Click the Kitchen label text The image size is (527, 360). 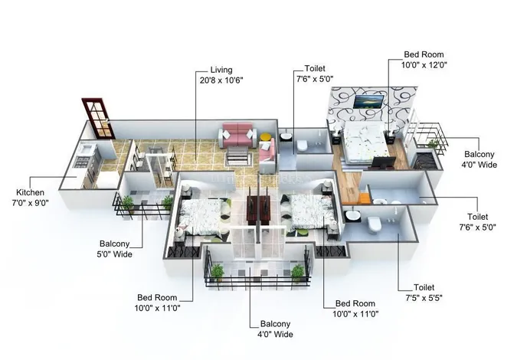[x=30, y=192]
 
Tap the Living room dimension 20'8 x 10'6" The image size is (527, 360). [x=221, y=80]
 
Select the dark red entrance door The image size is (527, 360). [x=98, y=118]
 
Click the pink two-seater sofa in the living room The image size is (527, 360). [x=237, y=135]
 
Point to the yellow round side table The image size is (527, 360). [x=266, y=137]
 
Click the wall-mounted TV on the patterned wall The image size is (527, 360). [x=368, y=102]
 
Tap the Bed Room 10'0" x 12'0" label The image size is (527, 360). [x=424, y=60]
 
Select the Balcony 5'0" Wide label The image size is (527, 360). [x=115, y=249]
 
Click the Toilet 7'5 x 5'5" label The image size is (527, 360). [x=424, y=293]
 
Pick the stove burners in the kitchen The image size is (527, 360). [x=82, y=161]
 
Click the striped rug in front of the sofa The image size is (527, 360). [x=239, y=157]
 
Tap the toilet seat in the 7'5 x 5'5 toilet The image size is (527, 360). [x=374, y=224]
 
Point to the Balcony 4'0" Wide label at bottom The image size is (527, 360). [x=275, y=329]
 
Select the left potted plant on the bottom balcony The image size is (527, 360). [x=218, y=272]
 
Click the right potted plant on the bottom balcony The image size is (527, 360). [x=297, y=272]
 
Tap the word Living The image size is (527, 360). [x=221, y=70]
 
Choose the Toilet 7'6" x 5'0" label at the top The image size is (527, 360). [x=315, y=74]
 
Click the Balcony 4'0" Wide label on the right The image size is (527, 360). [x=480, y=159]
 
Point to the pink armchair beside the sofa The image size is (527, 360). [x=267, y=152]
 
